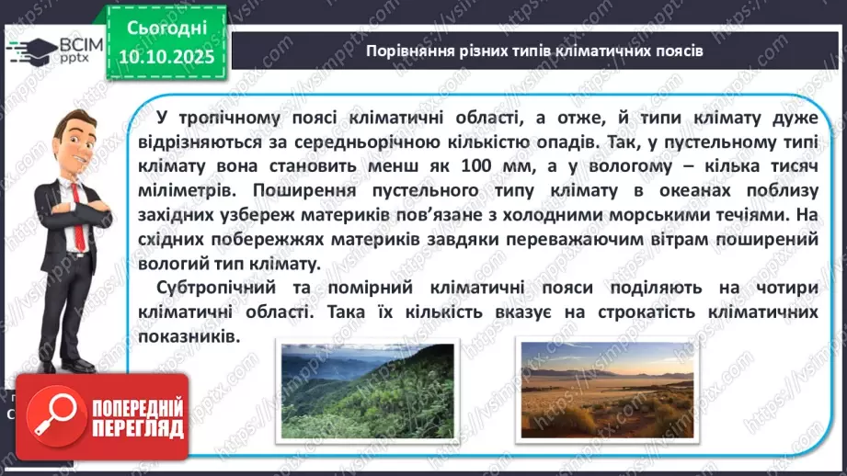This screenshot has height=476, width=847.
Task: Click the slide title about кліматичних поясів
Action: pos(533,51)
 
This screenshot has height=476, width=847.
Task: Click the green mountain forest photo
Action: pos(366,390)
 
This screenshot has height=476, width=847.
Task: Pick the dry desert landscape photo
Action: pos(606,390)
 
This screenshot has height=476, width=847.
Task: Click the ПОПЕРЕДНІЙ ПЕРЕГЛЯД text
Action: pos(136,418)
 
